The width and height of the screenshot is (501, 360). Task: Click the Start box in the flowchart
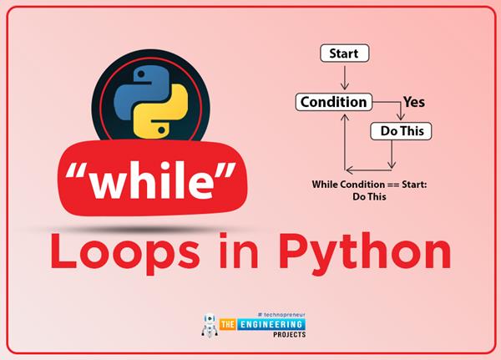344,53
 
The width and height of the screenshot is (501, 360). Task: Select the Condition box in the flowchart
334,102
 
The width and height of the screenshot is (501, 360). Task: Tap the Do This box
401,131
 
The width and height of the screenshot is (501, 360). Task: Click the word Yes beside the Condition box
414,102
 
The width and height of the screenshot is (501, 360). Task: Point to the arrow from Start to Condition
344,78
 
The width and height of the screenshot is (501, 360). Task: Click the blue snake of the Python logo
141,93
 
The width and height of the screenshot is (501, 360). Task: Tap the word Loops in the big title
125,252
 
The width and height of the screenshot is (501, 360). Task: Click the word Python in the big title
365,252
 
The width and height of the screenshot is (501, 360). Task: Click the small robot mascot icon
210,326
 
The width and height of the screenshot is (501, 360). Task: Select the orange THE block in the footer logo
227,325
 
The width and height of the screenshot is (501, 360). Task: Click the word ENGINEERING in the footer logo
271,325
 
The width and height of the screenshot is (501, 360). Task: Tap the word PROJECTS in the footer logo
290,335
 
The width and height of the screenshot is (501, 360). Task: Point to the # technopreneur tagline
281,315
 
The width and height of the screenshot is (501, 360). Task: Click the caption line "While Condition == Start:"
369,185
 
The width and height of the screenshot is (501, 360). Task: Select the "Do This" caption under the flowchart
369,196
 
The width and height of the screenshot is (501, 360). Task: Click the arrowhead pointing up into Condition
345,117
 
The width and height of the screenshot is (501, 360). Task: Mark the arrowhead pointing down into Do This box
401,116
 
